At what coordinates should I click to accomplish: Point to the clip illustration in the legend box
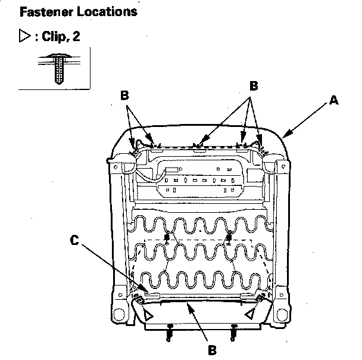tap(58, 67)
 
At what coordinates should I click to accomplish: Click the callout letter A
tap(334, 101)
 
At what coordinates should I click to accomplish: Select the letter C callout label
tap(74, 241)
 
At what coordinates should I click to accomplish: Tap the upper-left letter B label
tap(124, 95)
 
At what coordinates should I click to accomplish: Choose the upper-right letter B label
tap(253, 86)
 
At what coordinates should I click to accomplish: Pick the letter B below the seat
tap(212, 350)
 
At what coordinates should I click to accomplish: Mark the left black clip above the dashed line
tap(167, 238)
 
